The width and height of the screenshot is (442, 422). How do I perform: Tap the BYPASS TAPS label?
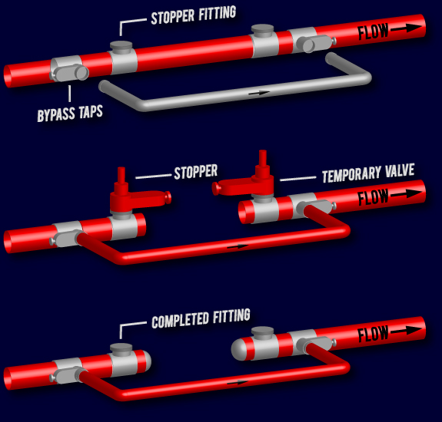[69, 114]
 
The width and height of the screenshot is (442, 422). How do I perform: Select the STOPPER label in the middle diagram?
[195, 172]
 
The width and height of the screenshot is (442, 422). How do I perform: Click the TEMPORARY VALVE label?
[367, 174]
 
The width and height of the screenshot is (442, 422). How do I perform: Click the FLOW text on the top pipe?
[374, 32]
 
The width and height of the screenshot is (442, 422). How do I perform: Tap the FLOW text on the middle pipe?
[374, 197]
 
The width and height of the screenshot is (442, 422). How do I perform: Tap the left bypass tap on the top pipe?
[77, 73]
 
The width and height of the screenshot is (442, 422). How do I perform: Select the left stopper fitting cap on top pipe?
[121, 48]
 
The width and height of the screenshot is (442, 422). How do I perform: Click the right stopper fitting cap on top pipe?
[263, 31]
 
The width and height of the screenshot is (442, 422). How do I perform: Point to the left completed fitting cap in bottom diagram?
[121, 349]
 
